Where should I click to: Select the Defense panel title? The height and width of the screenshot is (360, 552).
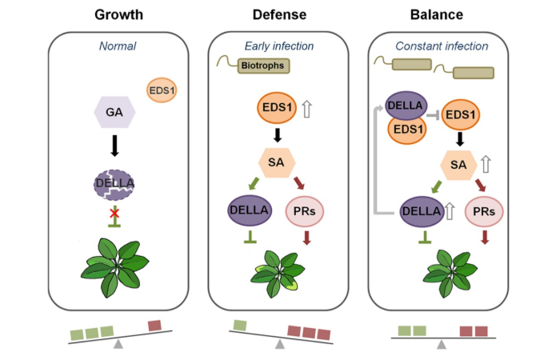[280, 14]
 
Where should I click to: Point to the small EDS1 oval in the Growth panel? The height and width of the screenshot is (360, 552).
[162, 90]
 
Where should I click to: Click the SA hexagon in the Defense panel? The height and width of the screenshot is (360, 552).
[276, 163]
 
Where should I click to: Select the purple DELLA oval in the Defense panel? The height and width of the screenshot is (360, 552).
[250, 211]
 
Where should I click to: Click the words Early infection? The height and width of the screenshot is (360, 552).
[279, 47]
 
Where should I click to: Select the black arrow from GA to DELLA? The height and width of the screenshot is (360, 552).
[114, 146]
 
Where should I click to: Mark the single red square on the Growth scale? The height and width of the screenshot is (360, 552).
[155, 325]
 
